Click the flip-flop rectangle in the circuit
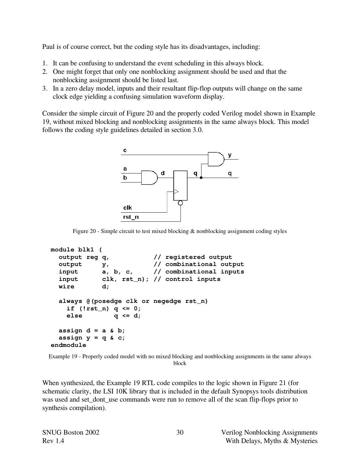[x=180, y=185]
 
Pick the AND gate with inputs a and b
[x=149, y=178]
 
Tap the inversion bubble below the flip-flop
[x=180, y=203]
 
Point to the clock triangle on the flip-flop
[x=176, y=192]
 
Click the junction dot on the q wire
[x=201, y=178]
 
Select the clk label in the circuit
[x=127, y=208]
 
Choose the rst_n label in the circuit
[x=131, y=217]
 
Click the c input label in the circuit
[x=125, y=150]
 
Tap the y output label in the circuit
[x=230, y=155]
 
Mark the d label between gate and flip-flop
[x=163, y=173]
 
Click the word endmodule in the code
[x=68, y=345]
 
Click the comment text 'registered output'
[x=199, y=257]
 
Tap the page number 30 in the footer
[x=180, y=432]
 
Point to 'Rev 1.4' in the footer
[x=53, y=441]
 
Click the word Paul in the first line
[x=48, y=47]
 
